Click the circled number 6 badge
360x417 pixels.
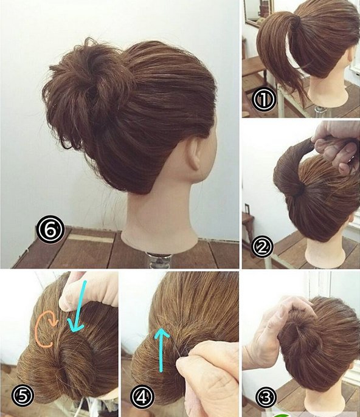pos(50,230)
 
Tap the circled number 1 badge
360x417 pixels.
pos(264,98)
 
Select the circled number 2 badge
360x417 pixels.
pos(262,247)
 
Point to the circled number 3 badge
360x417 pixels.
pos(266,398)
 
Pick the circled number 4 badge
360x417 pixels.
pos(142,398)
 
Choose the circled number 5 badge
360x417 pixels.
pos(23,396)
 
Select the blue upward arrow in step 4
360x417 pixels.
pos(162,349)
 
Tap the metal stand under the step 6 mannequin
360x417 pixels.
pos(160,260)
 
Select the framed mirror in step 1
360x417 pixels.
pos(258,12)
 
